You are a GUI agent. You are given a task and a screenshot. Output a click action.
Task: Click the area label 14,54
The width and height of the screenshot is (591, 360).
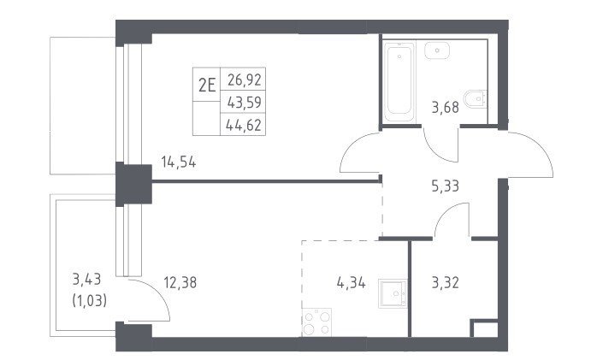(178, 162)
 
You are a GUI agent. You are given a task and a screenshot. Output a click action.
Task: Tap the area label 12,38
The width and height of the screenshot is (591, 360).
(180, 282)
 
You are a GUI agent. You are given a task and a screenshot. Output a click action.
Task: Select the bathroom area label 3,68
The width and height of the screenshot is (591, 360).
(445, 108)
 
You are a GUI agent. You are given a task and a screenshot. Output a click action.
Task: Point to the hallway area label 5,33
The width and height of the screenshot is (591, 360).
(445, 186)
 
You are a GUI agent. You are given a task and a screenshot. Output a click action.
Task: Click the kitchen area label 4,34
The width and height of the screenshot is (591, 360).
(351, 282)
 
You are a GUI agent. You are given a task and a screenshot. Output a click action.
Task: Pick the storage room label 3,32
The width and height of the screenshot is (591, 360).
(445, 282)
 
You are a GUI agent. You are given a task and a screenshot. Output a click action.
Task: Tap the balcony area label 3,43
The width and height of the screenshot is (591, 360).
(86, 280)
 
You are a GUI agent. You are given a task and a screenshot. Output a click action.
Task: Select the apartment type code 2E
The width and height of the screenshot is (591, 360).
(207, 86)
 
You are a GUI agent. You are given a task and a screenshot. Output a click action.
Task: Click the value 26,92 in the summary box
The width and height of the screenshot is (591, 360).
(245, 80)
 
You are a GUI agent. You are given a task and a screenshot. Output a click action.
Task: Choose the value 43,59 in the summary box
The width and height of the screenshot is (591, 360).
(245, 102)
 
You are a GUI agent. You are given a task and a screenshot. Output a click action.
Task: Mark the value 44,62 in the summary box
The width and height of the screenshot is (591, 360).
(244, 125)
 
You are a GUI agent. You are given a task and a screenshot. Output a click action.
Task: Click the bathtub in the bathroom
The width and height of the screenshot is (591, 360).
(399, 82)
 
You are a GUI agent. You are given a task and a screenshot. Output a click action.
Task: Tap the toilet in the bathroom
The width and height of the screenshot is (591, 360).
(476, 99)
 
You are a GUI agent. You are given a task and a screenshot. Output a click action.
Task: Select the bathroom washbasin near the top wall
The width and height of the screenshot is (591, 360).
(437, 50)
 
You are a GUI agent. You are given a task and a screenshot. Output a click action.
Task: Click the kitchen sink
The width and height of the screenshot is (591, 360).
(393, 293)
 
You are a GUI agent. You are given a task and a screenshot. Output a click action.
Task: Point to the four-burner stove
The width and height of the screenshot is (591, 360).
(316, 322)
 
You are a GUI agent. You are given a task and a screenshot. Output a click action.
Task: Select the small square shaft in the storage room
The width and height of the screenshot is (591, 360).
(484, 328)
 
